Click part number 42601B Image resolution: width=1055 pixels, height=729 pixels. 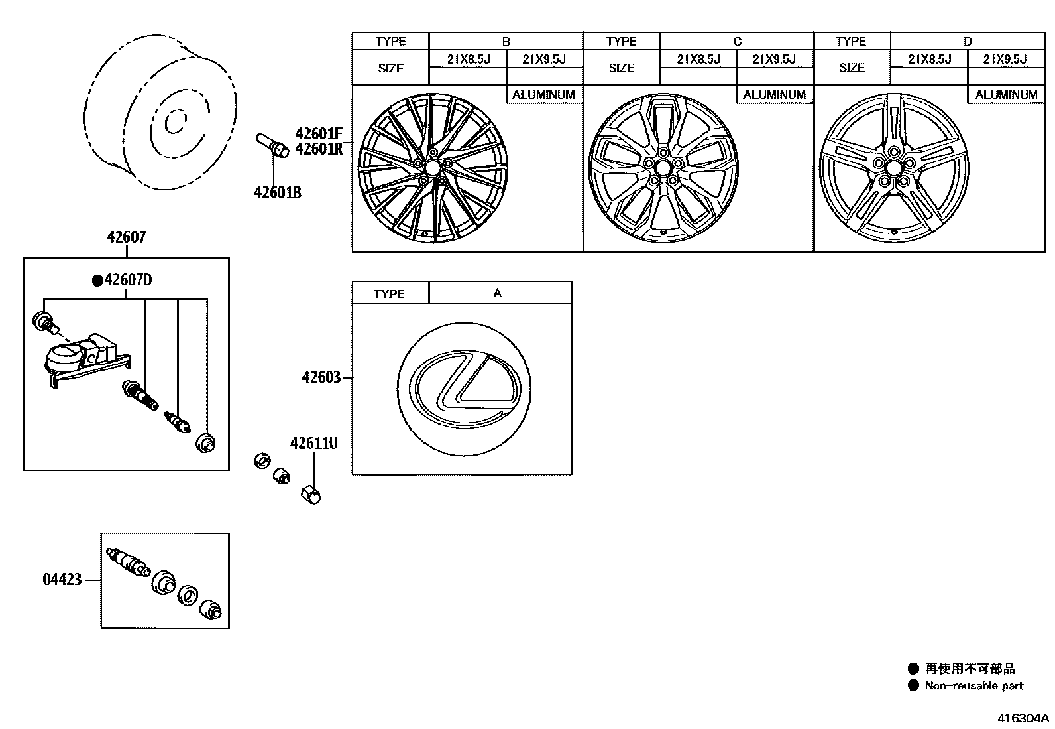(277, 193)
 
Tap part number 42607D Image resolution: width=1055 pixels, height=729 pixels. (128, 280)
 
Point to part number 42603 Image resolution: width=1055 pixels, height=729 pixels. (321, 377)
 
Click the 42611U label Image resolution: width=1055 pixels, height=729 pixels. (313, 442)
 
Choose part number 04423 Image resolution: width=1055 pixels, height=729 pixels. (62, 580)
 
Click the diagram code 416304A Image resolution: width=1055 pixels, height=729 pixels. (1024, 718)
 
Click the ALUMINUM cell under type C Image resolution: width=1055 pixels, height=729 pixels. (774, 95)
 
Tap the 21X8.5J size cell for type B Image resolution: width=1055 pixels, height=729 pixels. (468, 59)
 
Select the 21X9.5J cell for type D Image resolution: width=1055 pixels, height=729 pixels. (1005, 59)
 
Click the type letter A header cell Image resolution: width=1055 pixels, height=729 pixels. (498, 293)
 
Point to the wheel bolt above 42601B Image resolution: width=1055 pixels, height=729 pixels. (271, 145)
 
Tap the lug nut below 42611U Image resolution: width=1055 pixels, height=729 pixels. (311, 494)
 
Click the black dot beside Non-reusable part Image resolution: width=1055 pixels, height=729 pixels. (913, 685)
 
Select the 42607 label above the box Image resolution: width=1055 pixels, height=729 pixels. (126, 237)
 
